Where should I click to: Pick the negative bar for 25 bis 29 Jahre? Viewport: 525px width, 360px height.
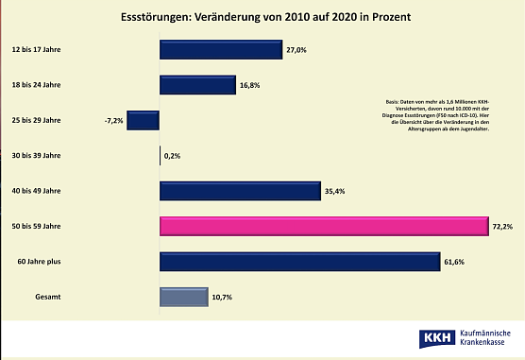point(143,121)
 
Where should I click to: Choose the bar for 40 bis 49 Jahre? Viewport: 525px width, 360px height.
point(241,191)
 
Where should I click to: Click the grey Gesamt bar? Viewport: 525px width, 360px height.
point(183,297)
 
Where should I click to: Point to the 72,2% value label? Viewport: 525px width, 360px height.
point(501,227)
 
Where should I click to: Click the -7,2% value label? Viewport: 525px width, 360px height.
point(114,121)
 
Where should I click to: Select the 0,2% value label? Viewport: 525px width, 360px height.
point(173,156)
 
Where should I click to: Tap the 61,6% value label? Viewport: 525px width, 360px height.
point(455,262)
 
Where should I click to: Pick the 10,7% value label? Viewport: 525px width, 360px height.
point(223,297)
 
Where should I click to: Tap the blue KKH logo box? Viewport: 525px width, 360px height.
point(436,337)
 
